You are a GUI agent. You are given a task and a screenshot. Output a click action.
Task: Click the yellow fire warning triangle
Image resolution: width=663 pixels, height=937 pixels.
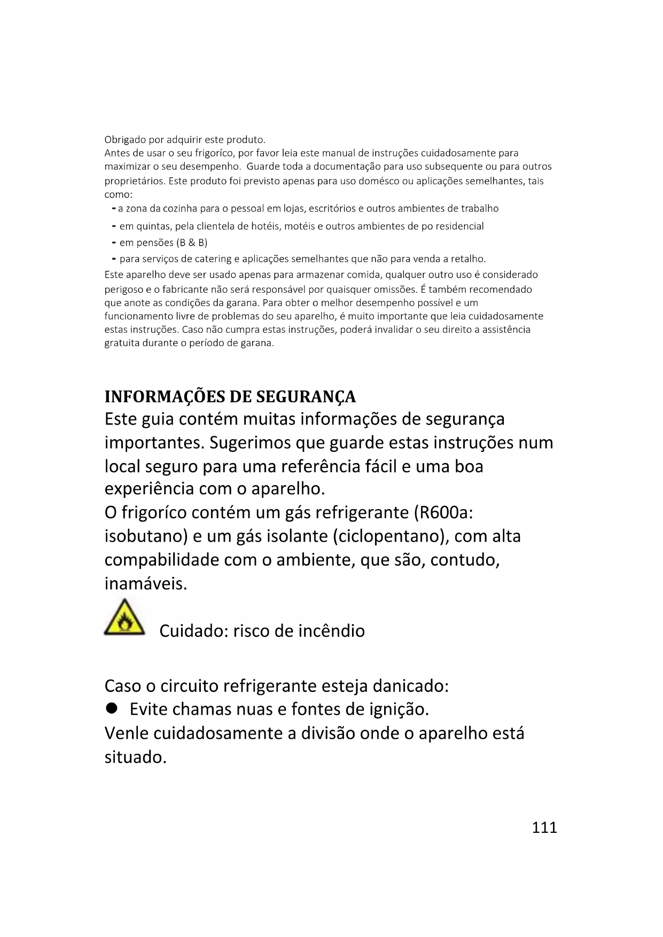(124, 618)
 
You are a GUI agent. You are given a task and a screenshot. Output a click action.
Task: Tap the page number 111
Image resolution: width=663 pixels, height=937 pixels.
(544, 827)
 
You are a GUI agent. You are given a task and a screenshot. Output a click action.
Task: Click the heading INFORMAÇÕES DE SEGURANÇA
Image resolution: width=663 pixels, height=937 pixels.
(230, 396)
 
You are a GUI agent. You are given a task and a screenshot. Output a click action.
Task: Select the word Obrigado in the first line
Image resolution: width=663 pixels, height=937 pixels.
(125, 140)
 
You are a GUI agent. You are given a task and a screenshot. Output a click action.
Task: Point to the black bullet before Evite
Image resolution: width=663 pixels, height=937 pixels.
(111, 708)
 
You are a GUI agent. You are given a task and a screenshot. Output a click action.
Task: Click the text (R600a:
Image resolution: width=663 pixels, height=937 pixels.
(443, 512)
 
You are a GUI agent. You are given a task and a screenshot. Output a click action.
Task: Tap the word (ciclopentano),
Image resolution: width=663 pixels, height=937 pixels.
(391, 536)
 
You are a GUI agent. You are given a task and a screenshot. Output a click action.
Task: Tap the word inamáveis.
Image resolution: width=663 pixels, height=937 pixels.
(146, 583)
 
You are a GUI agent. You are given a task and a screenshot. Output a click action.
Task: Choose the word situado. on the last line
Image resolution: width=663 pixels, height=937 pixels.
(135, 757)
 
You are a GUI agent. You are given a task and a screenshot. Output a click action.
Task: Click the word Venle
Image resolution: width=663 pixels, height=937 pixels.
(127, 733)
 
